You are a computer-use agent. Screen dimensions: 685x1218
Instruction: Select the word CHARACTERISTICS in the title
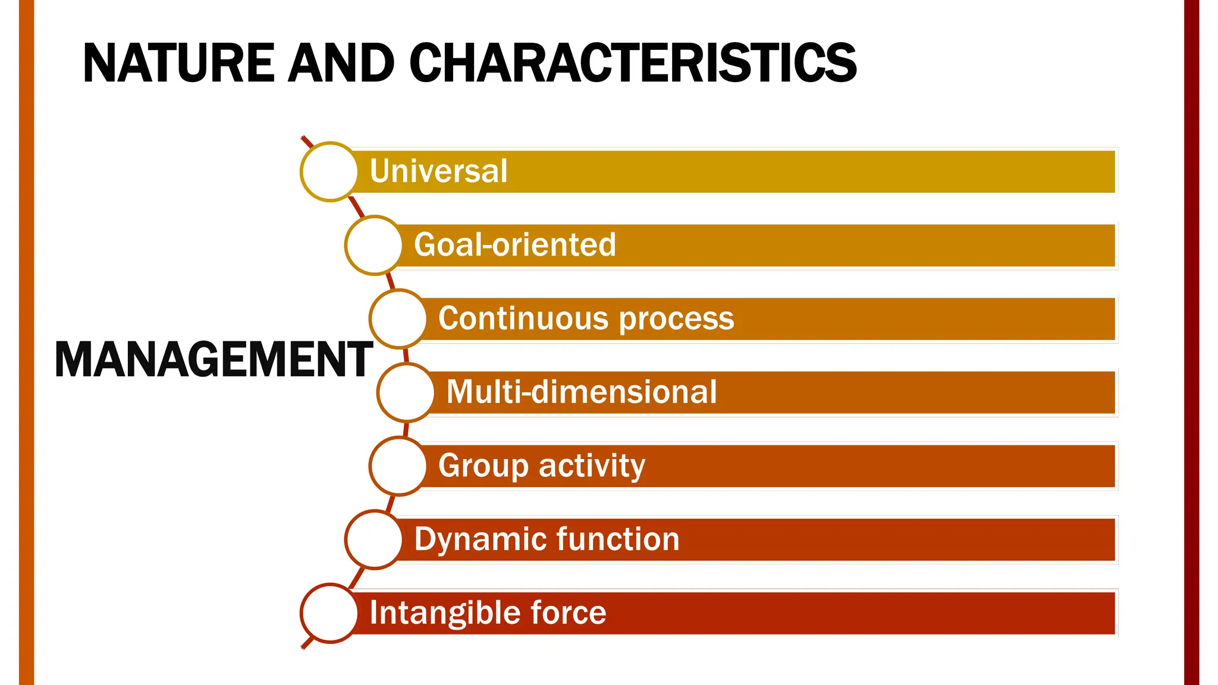[633, 63]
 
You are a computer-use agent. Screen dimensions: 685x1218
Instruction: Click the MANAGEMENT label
[214, 360]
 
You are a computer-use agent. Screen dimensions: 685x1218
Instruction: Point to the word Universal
[438, 171]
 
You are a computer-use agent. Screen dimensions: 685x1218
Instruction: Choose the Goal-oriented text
[514, 245]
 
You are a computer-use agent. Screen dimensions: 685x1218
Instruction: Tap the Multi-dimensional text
[581, 392]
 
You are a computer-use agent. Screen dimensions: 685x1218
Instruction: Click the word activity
[592, 466]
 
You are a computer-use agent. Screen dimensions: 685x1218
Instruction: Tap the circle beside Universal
[329, 172]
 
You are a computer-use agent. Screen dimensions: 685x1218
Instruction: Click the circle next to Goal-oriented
[374, 245]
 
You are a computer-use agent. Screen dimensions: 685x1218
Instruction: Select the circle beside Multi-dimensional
[406, 392]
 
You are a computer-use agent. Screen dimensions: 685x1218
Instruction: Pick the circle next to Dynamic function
[374, 539]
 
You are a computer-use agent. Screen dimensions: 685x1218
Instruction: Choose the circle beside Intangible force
[329, 613]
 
